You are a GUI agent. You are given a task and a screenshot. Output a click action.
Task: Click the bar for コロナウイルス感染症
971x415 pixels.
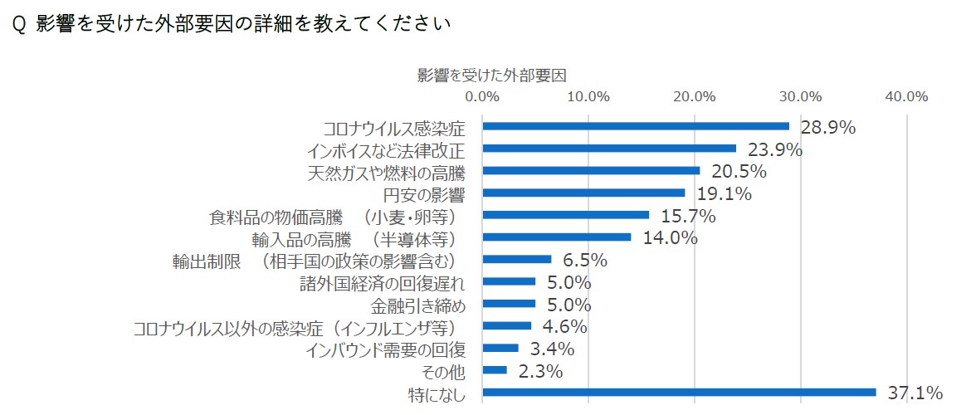(x=636, y=126)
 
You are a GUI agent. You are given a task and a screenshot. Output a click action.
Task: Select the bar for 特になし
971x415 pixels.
(x=680, y=392)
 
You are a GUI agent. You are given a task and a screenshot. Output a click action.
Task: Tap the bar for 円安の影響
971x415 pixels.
(x=584, y=193)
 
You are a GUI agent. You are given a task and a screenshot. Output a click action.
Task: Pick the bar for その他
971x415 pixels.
(x=495, y=370)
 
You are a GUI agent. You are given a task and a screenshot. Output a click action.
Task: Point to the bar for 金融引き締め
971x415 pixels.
(x=509, y=304)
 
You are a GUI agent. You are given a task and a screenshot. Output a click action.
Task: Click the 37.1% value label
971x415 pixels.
(x=915, y=393)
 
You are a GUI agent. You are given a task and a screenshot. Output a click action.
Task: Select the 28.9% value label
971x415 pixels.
(x=828, y=128)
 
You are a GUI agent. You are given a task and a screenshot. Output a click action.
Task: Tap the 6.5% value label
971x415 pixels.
(x=584, y=260)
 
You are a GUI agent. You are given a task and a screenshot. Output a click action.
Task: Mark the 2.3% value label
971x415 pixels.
(x=540, y=371)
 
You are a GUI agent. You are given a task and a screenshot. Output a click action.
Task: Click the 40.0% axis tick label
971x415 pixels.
(x=907, y=96)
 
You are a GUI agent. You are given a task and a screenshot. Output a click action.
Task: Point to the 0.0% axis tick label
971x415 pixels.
(x=482, y=96)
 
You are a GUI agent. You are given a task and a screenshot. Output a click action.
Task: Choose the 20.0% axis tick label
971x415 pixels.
(x=695, y=96)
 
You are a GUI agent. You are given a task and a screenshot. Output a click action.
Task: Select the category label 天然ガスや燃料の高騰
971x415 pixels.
(x=387, y=173)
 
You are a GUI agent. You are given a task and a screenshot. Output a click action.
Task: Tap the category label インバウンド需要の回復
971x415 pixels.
(x=386, y=350)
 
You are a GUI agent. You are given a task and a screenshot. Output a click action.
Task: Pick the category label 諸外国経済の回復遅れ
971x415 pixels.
(x=382, y=284)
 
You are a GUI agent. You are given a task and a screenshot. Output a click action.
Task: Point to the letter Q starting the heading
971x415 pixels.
(x=19, y=24)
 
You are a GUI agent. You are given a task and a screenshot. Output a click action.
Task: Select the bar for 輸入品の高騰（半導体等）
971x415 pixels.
(x=557, y=237)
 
